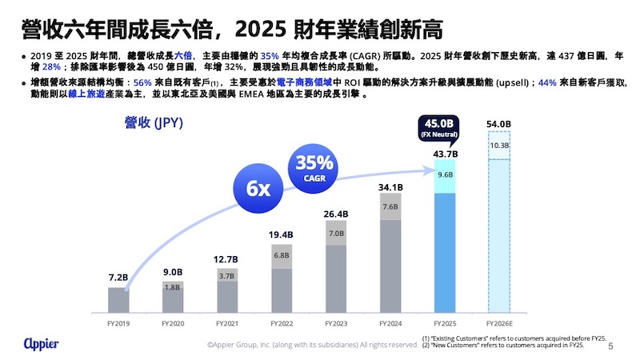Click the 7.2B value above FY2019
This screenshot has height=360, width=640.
pyautogui.click(x=118, y=278)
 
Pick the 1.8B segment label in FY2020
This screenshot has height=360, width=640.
pyautogui.click(x=173, y=286)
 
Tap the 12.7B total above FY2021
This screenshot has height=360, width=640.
pyautogui.click(x=227, y=258)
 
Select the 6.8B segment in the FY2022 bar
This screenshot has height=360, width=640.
pyautogui.click(x=282, y=255)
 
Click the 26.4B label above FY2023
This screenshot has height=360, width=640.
pyautogui.click(x=336, y=213)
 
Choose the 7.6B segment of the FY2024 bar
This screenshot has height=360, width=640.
pyautogui.click(x=390, y=206)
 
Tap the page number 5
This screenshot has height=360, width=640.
pyautogui.click(x=611, y=346)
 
